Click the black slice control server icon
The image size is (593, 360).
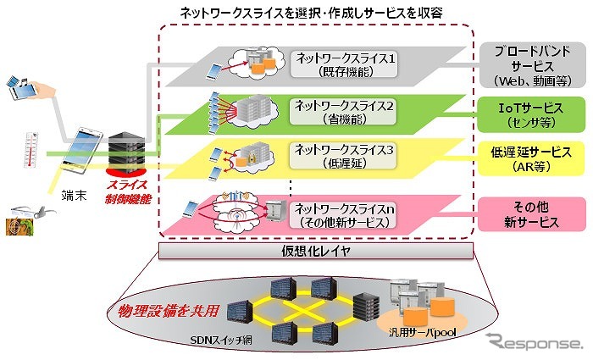[x=126, y=153]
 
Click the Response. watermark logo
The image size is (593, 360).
[x=534, y=342]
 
